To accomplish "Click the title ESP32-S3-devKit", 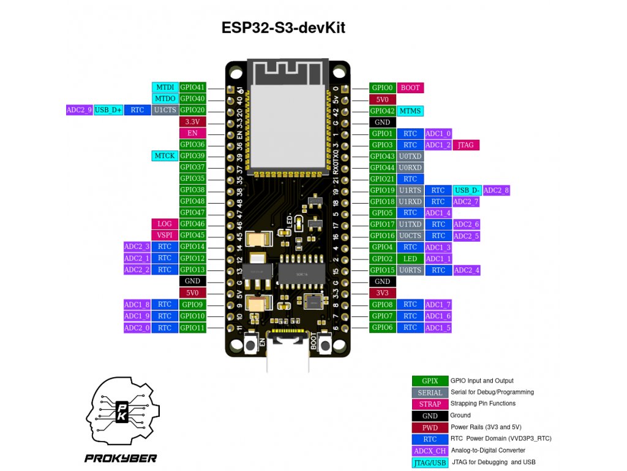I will point(287,28).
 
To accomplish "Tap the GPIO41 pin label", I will point(192,87).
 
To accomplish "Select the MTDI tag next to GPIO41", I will point(165,87).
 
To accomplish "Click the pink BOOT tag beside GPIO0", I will point(410,88).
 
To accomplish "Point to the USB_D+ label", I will point(109,110).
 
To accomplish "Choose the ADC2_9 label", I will point(79,110).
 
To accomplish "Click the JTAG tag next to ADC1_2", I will point(466,145).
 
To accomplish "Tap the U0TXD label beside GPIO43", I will point(410,156).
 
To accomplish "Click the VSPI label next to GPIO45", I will point(165,235).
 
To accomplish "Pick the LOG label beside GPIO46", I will point(165,224).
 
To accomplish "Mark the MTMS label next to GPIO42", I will point(410,111).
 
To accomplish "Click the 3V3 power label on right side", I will point(382,293).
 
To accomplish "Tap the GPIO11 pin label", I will point(192,328).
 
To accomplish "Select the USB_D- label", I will point(467,191).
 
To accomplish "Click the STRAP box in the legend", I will point(430,404).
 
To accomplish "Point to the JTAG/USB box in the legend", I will point(430,462).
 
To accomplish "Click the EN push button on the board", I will point(251,346).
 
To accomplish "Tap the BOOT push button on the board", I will point(325,346).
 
